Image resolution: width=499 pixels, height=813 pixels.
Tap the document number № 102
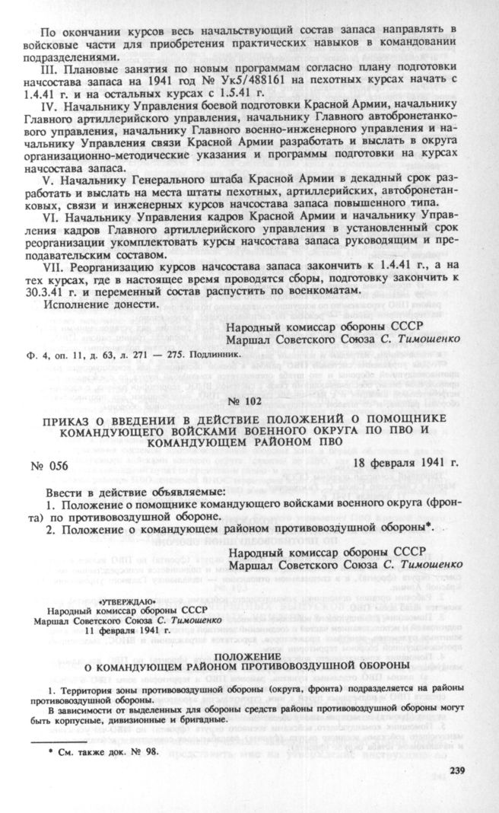point(249,400)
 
